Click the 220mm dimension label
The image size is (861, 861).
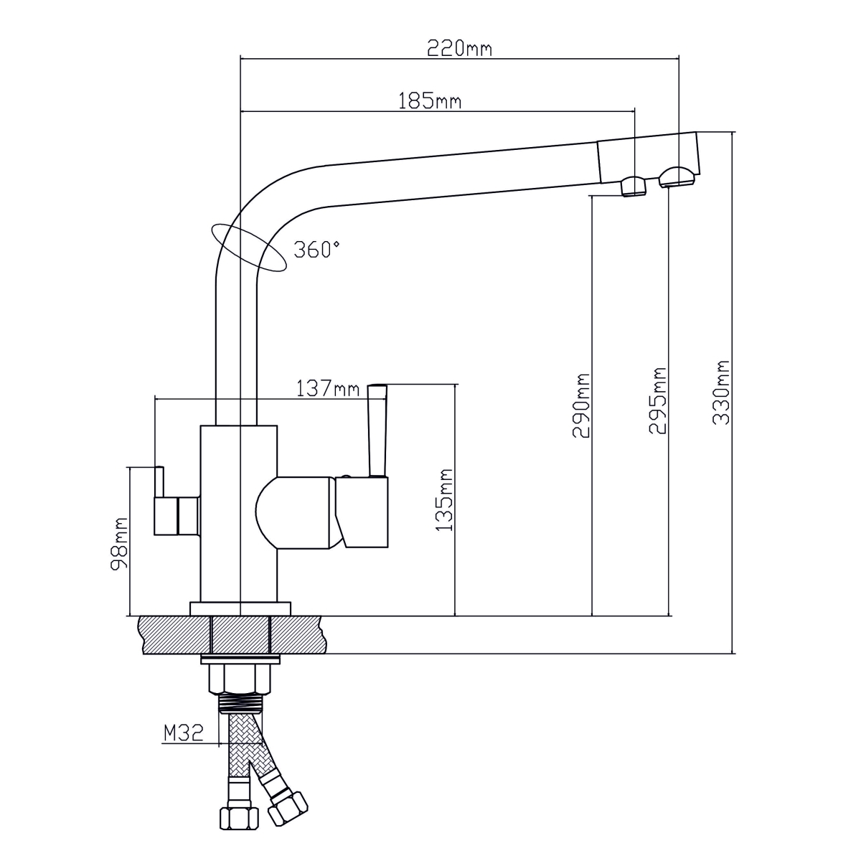pyautogui.click(x=460, y=49)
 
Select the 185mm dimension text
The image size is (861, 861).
pyautogui.click(x=430, y=101)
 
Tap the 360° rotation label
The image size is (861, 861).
pyautogui.click(x=316, y=250)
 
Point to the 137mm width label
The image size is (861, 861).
pyautogui.click(x=328, y=390)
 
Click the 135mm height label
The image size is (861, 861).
pyautogui.click(x=445, y=499)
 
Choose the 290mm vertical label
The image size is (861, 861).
pyautogui.click(x=580, y=406)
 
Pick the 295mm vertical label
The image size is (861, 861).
pyautogui.click(x=657, y=401)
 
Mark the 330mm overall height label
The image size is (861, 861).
pyautogui.click(x=721, y=392)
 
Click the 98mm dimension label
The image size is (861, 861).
pyautogui.click(x=119, y=542)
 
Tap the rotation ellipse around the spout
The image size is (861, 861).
pyautogui.click(x=249, y=248)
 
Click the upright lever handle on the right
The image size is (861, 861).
pyautogui.click(x=377, y=430)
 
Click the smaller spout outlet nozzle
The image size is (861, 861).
pyautogui.click(x=633, y=186)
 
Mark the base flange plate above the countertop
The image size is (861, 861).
pyautogui.click(x=240, y=608)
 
